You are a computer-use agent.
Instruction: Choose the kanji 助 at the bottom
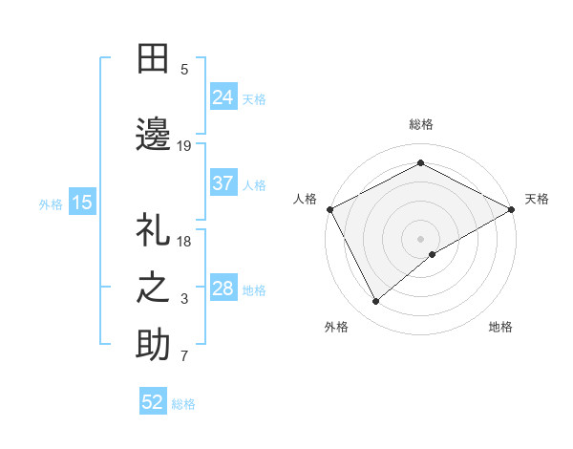(154, 345)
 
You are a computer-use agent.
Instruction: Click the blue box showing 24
(223, 96)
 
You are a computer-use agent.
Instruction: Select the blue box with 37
(223, 183)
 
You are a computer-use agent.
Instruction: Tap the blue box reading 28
(223, 289)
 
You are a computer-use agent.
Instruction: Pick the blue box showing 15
(82, 202)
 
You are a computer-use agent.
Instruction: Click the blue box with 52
(153, 402)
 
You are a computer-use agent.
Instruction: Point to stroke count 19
(184, 145)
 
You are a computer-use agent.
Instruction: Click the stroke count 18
(185, 242)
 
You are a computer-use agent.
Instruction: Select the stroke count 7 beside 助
(184, 357)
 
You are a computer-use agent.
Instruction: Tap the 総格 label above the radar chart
(421, 124)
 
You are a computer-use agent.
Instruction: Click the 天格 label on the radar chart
(537, 199)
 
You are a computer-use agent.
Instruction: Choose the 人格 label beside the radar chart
(305, 199)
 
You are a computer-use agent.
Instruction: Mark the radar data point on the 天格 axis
(512, 208)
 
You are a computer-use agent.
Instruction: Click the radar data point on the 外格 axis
(376, 301)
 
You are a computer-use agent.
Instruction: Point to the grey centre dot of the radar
(421, 238)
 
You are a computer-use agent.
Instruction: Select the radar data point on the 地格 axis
(433, 254)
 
